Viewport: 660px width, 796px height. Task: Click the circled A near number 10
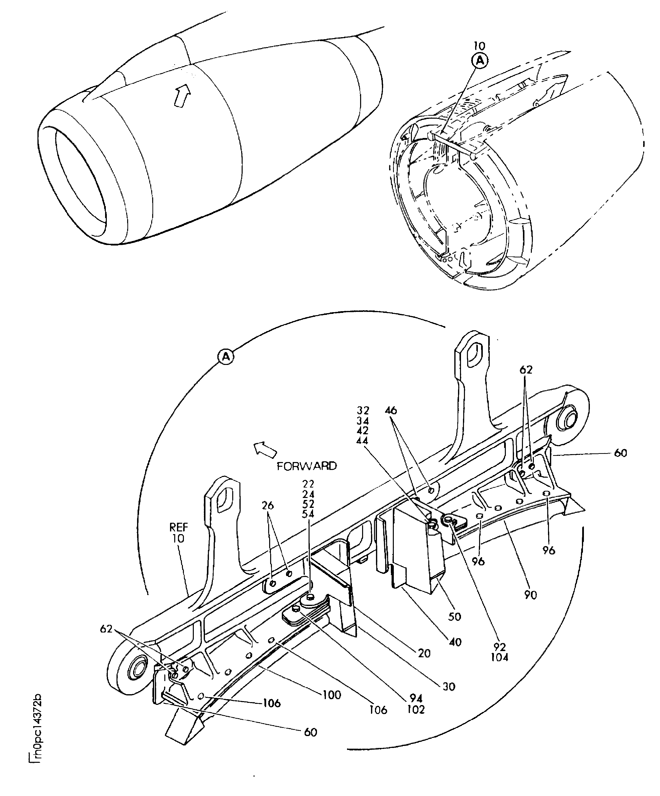480,61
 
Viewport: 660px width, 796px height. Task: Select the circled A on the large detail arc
226,357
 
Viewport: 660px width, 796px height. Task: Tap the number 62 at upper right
526,370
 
